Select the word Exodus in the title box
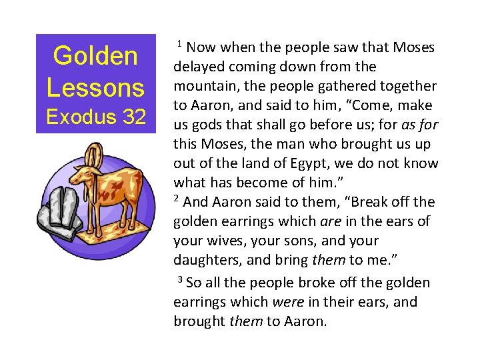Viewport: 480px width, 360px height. click(77, 118)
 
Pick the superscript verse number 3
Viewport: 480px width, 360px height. click(180, 278)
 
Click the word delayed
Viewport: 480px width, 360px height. click(198, 67)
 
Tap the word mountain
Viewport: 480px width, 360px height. click(203, 86)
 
